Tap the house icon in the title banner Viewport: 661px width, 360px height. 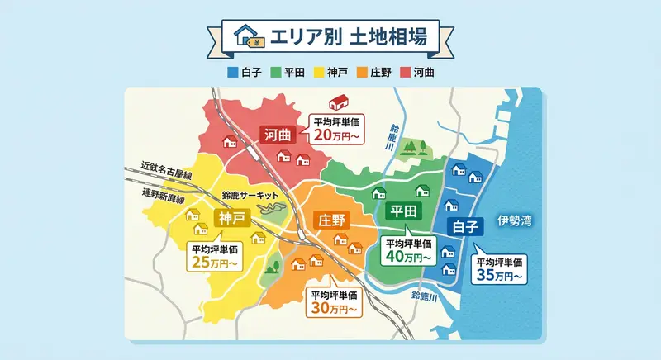pyautogui.click(x=248, y=36)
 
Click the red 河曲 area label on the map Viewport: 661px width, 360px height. pyautogui.click(x=277, y=134)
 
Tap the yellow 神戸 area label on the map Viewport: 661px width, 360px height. pyautogui.click(x=232, y=217)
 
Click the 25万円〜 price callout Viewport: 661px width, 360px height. pyautogui.click(x=214, y=257)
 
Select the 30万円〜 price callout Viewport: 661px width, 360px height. pyautogui.click(x=334, y=302)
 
